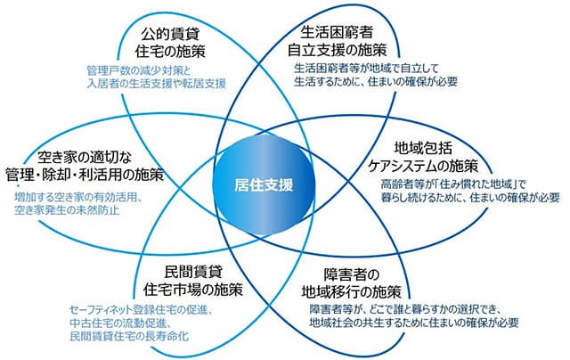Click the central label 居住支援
tap(264, 185)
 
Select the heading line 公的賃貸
tap(170, 35)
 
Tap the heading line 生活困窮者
tap(337, 32)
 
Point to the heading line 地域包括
tap(423, 148)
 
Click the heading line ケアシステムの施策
tap(423, 166)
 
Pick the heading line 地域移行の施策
tap(352, 291)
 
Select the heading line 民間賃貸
tap(193, 272)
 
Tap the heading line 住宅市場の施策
tap(193, 290)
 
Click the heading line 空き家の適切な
tap(85, 158)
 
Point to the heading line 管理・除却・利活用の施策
tap(85, 175)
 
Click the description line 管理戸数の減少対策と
tap(139, 70)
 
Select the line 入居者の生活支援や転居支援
tap(157, 83)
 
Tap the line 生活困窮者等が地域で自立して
tap(367, 68)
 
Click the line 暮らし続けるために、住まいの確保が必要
tap(470, 198)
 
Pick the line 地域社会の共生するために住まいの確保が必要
tap(414, 323)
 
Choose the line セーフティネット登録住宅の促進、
tap(141, 310)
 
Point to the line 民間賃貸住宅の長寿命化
tap(129, 336)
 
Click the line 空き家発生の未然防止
tap(67, 209)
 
